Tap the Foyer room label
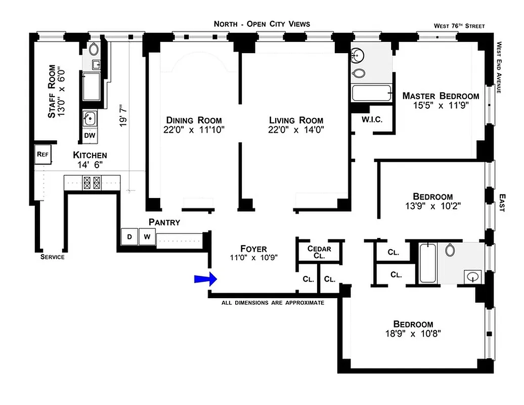coord(253,249)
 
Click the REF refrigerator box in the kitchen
coord(42,155)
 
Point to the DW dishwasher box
coord(90,136)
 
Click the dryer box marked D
coord(129,236)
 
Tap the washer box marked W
coord(147,236)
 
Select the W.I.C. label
coord(372,120)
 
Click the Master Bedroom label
coord(440,96)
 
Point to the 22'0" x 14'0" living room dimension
coord(296,130)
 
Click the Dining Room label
coord(194,120)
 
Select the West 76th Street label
coord(459,26)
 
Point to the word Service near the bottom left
coord(53,257)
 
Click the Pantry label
coord(164,222)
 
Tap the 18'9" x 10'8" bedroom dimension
coord(413,334)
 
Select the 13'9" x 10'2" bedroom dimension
coord(432,206)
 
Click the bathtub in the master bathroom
coord(372,94)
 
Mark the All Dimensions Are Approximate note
coord(272,302)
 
